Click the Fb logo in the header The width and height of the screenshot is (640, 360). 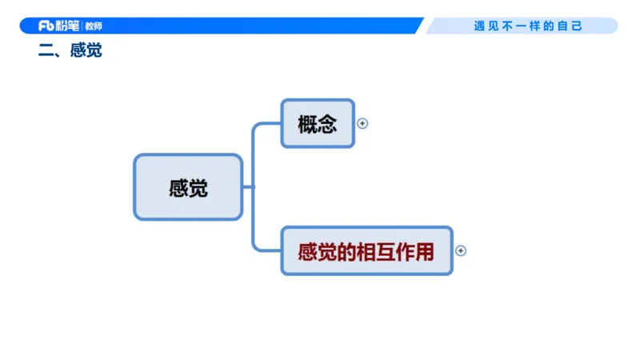point(46,26)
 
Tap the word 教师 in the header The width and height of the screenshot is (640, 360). point(94,26)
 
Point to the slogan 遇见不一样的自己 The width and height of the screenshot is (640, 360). point(528,26)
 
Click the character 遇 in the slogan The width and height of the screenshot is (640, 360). point(479,26)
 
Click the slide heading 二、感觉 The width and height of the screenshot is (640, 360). point(70,52)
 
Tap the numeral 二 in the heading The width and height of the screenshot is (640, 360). point(45,52)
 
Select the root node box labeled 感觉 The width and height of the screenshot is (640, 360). point(188,187)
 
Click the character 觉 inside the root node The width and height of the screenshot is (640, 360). point(198,188)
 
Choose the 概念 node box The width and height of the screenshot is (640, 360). point(318,123)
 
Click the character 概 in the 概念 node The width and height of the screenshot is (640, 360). point(307,124)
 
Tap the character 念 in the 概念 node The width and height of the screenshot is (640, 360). point(327,124)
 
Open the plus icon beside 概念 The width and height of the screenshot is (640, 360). point(362,123)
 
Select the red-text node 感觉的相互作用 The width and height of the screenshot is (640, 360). point(366,251)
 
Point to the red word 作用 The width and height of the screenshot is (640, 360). point(414,252)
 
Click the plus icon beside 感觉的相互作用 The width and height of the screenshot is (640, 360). point(461,250)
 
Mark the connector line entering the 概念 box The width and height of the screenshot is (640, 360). point(268,124)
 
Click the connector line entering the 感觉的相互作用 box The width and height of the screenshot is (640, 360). point(268,250)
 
